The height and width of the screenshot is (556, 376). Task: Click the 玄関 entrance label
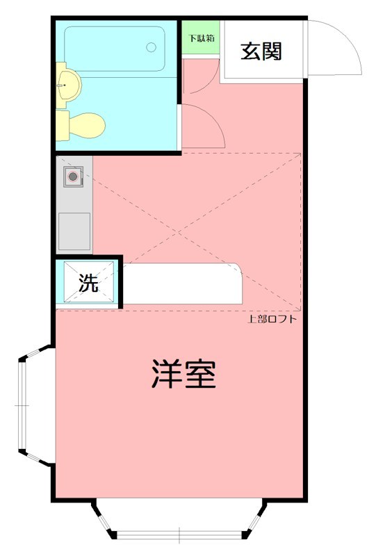coord(261,51)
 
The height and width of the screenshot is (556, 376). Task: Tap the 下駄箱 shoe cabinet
coord(200,39)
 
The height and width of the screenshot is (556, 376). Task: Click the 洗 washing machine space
coord(88,283)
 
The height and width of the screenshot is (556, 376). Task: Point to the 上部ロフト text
coord(272,320)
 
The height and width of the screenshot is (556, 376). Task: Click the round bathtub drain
coord(152,47)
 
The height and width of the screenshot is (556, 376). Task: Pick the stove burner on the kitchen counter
coord(72,177)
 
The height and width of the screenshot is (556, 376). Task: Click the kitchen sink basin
coord(74,230)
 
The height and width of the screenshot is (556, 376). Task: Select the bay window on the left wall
coord(28,405)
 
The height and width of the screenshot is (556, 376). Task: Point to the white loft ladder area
coord(182,283)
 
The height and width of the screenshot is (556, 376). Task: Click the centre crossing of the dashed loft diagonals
coord(197,231)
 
